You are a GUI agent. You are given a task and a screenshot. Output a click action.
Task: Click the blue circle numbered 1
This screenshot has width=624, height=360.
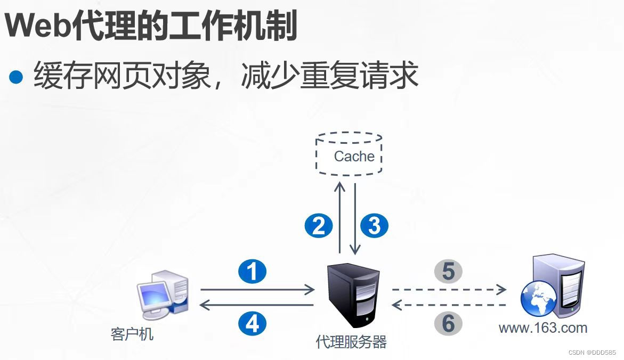[252, 272]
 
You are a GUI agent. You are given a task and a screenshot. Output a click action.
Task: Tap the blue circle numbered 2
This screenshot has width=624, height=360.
[319, 226]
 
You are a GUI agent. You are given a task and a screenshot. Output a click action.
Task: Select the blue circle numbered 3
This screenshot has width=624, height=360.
[375, 226]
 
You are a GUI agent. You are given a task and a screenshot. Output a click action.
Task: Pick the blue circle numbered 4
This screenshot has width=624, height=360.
[252, 323]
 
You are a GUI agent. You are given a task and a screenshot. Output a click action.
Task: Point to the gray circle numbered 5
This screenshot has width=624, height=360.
[448, 272]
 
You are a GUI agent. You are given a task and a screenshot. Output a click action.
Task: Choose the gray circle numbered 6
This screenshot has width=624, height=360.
[448, 323]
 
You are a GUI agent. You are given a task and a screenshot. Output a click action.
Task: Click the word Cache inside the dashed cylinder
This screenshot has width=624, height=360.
[354, 157]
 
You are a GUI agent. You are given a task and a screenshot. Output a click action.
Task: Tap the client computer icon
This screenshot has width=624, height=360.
[163, 295]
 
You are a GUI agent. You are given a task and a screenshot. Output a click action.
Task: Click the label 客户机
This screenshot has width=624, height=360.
[132, 334]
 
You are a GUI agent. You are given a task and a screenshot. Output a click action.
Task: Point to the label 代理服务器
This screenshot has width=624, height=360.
[351, 341]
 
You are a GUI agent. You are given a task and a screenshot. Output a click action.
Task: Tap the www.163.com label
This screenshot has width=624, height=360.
[542, 328]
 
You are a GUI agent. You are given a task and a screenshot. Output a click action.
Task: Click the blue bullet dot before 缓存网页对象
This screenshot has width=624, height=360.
[17, 77]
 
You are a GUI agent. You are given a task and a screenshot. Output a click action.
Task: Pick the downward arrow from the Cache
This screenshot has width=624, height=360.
[355, 218]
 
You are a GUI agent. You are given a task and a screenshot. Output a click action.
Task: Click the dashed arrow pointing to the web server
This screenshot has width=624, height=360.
[449, 290]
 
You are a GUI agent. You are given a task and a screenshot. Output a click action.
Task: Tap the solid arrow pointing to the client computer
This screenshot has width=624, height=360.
[256, 305]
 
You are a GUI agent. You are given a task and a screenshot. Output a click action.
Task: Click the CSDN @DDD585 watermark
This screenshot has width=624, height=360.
[592, 353]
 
